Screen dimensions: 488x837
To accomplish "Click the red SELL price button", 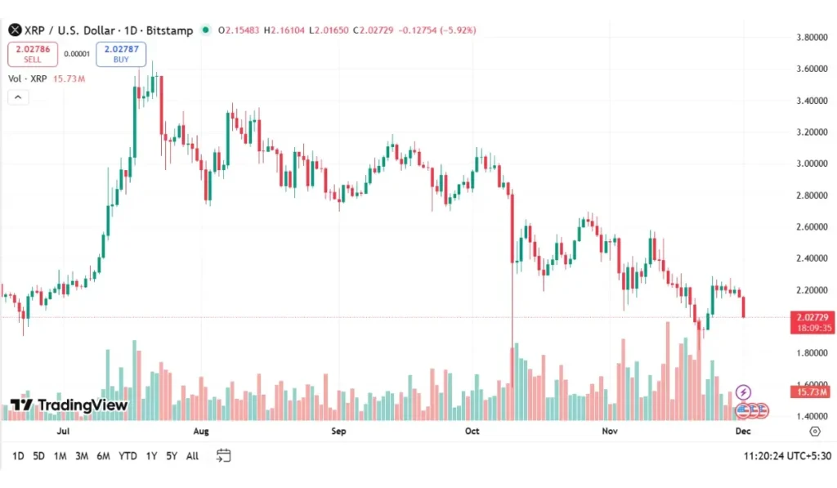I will point(32,54).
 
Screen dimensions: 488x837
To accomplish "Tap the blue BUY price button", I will point(121,54).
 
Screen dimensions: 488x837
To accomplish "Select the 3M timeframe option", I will point(82,456).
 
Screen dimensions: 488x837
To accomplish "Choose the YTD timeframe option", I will point(128,456).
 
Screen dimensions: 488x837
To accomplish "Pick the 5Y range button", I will point(172,456).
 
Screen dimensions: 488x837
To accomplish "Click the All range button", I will point(192,456).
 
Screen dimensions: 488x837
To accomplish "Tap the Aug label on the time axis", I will point(201,430).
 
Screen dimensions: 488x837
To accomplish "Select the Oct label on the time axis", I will point(472,430).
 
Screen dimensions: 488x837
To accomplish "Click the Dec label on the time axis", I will point(742,430).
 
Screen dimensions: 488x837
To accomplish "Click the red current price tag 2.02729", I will point(812,317).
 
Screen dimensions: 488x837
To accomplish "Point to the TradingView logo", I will point(69,405).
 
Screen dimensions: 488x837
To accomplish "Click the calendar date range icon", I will point(224,455).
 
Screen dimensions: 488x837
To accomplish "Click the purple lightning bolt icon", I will point(743,392).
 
